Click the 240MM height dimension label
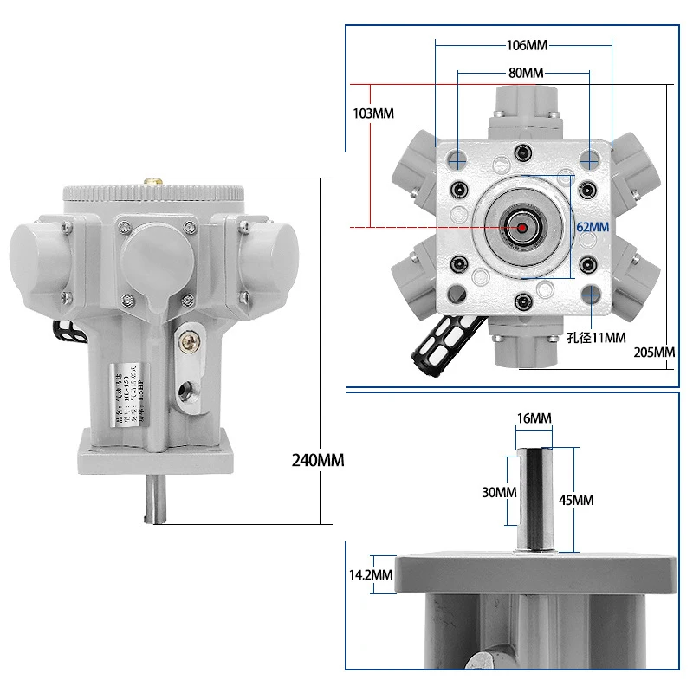coord(319,460)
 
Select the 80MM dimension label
coord(526,73)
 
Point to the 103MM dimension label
coord(373,113)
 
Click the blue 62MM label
coord(593,226)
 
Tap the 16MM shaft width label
coord(534,418)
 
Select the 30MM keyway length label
coord(500,491)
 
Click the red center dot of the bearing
coord(521,227)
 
